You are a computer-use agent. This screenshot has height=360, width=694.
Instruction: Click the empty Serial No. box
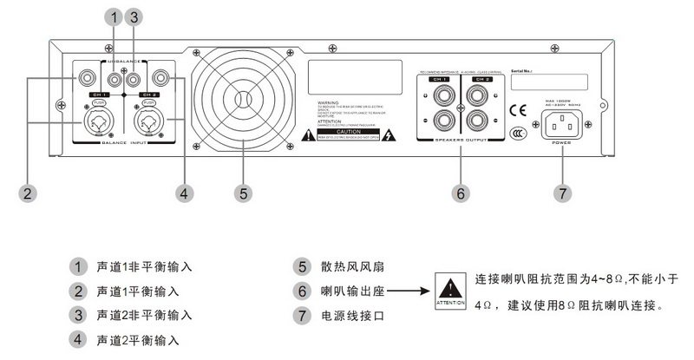point(547,82)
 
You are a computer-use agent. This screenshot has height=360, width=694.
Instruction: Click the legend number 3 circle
point(81,314)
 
